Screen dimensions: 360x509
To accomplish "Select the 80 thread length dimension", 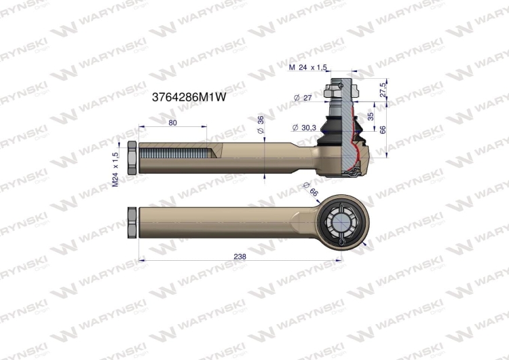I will pos(172,123).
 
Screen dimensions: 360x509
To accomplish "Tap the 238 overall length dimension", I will pos(239,257).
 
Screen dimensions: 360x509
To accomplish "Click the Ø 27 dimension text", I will pos(303,98).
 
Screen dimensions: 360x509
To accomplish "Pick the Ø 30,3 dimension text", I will pos(303,128).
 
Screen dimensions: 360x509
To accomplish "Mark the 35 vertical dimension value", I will pos(370,116).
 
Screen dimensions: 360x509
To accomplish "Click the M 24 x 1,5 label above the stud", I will pos(308,67).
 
